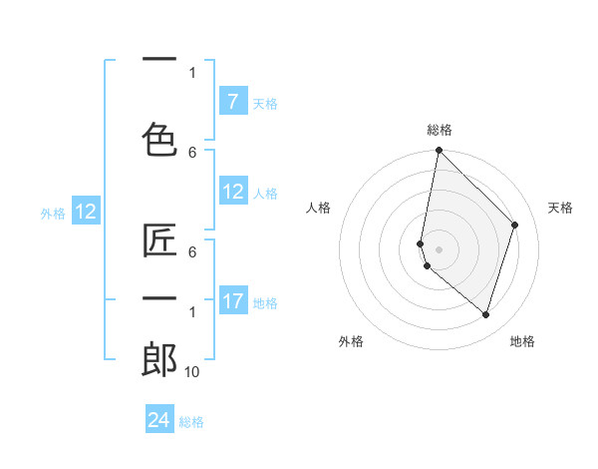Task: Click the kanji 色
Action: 159,138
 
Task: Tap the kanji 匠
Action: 159,242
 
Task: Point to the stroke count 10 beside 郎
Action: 192,371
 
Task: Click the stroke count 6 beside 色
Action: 192,152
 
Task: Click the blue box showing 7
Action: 232,102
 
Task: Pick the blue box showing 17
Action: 232,301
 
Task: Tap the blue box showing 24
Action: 159,420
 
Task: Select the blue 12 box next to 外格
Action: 85,212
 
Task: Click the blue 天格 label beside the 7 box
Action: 265,103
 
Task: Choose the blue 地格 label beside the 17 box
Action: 265,302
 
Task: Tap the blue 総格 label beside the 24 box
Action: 191,421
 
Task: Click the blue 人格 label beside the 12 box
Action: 265,193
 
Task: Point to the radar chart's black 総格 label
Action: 439,130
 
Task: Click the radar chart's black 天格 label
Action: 560,208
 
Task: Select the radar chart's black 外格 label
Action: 351,341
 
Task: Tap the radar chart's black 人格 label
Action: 319,208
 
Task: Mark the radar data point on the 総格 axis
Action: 439,151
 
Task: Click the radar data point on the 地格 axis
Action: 486,314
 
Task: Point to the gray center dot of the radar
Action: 439,248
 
